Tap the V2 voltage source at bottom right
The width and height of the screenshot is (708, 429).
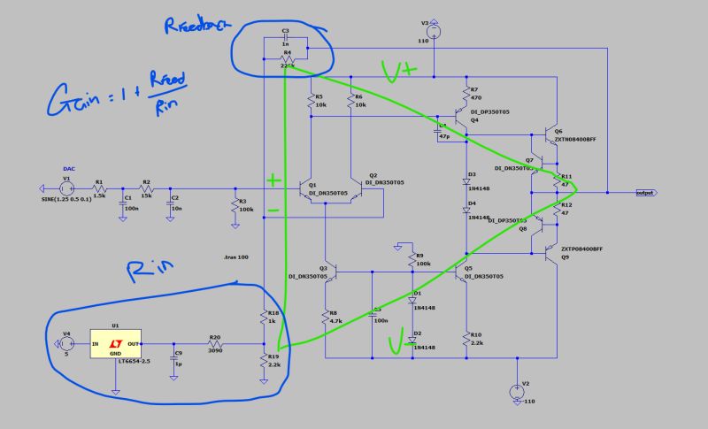point(514,391)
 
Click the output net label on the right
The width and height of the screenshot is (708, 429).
point(650,192)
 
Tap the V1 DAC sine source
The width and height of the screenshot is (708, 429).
point(66,188)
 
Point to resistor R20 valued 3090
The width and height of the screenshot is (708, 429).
point(214,344)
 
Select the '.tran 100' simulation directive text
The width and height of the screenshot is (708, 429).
point(237,257)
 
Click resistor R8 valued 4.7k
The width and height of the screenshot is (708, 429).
point(325,317)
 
